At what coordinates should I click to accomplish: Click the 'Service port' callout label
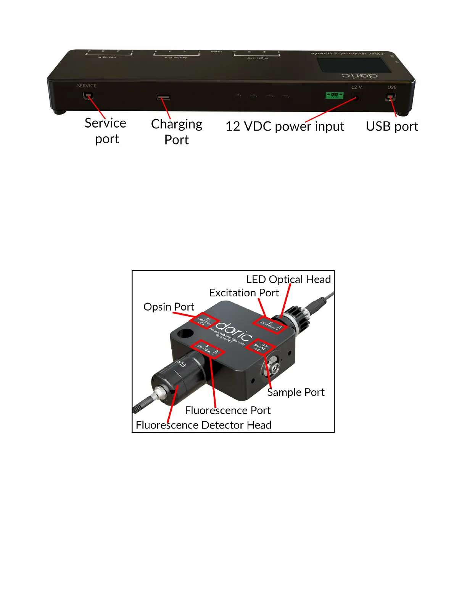tap(106, 131)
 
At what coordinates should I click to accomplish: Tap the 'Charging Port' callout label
tap(177, 132)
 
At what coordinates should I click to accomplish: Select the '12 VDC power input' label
tap(285, 126)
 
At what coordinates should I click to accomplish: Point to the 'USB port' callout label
tap(392, 126)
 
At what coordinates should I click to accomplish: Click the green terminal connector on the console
tap(334, 95)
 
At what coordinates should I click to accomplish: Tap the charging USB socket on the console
tap(163, 97)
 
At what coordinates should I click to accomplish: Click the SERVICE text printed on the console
tap(87, 86)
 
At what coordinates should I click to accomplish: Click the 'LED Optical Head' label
tap(288, 280)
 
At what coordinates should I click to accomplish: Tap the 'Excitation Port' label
tap(244, 293)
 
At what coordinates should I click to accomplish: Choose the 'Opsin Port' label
tap(169, 307)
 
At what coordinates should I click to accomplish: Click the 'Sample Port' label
tap(296, 392)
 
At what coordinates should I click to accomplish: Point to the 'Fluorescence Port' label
tap(228, 410)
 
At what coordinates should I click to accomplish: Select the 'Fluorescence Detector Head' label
tap(204, 425)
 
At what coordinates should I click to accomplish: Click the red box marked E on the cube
tap(271, 325)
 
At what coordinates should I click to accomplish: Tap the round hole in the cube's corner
tap(185, 333)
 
